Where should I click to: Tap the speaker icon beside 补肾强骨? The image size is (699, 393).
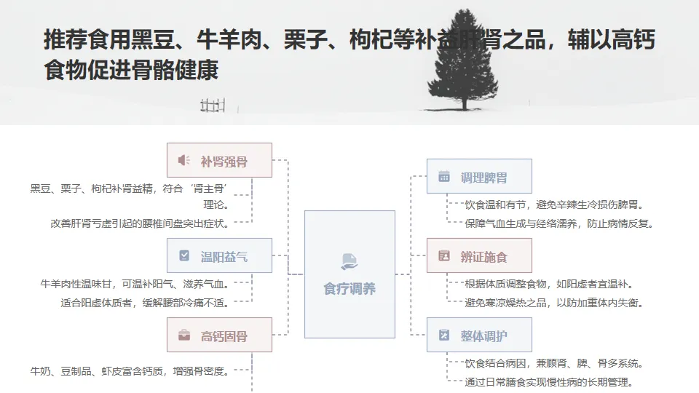[x=183, y=161]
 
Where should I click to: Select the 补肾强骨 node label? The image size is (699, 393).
[x=224, y=162]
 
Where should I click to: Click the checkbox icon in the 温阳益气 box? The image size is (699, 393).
[x=183, y=255]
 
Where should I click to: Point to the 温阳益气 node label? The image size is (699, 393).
[x=224, y=256]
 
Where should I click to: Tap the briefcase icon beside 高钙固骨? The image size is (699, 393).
[x=183, y=336]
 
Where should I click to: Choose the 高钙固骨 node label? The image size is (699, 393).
[x=224, y=336]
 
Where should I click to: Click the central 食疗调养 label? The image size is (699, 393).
[x=349, y=289]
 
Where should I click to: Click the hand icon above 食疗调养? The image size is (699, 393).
[x=349, y=261]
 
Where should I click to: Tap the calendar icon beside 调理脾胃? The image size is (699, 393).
[x=443, y=176]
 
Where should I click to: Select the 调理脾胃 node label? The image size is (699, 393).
[x=484, y=177]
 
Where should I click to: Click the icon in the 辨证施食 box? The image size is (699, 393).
[x=443, y=255]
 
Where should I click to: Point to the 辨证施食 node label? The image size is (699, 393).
[x=484, y=256]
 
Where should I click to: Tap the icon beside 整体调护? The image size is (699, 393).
[x=443, y=336]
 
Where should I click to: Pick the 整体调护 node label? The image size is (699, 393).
[x=484, y=336]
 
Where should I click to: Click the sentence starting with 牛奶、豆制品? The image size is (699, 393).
[x=130, y=371]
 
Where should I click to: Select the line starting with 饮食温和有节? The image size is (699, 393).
[x=553, y=205]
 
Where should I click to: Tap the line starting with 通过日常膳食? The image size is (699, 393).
[x=548, y=381]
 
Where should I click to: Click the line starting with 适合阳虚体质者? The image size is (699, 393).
[x=145, y=303]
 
